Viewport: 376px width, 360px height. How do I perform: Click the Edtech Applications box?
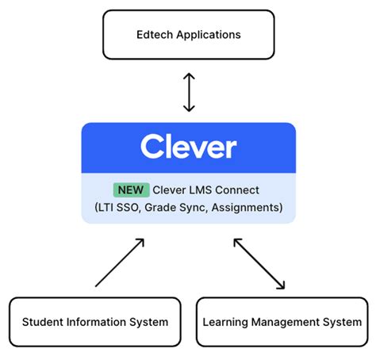click(188, 35)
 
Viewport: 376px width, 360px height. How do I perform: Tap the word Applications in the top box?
click(207, 35)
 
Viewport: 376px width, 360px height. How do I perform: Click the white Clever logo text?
click(188, 147)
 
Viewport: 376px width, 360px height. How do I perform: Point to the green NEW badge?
click(131, 190)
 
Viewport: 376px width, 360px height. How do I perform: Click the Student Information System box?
click(95, 322)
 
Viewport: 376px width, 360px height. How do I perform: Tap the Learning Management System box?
click(282, 322)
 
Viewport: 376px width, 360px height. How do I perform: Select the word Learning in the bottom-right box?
click(227, 323)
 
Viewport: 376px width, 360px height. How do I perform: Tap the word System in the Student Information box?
click(151, 322)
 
